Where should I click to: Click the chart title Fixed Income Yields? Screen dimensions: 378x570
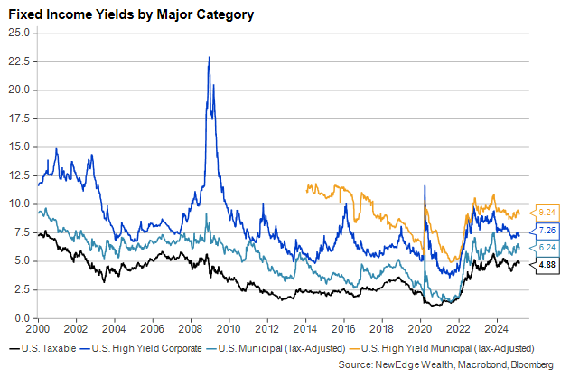[131, 15]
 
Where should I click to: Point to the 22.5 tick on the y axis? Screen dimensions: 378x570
[20, 61]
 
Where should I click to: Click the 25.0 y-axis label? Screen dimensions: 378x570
[20, 33]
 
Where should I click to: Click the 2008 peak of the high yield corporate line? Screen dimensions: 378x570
[210, 58]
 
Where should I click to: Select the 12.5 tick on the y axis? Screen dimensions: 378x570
[20, 175]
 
